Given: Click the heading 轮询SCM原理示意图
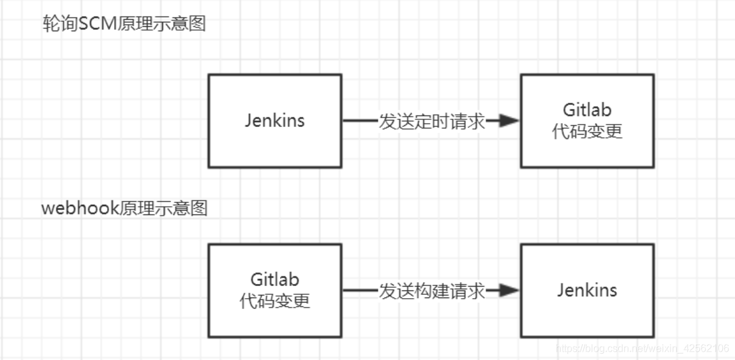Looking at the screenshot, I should click(x=123, y=25).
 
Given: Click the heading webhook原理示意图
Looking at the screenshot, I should click(x=124, y=209).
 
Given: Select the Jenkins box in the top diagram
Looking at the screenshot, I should click(x=274, y=147).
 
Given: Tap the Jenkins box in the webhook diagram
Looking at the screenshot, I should click(x=587, y=319).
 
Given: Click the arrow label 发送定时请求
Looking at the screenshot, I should click(x=432, y=121).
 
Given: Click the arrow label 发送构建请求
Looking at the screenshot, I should click(x=432, y=291).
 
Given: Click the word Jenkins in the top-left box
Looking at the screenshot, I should click(x=274, y=121).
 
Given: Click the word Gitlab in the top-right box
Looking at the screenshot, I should click(x=587, y=110).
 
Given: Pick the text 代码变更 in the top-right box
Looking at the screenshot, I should click(x=587, y=131).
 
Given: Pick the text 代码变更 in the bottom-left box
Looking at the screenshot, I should click(x=274, y=301).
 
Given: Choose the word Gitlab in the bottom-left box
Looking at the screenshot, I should click(x=274, y=280).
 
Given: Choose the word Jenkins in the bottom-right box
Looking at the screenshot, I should click(x=587, y=290).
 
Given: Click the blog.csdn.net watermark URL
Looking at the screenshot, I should click(x=642, y=349).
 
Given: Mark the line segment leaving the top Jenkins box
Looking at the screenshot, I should click(x=360, y=121).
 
